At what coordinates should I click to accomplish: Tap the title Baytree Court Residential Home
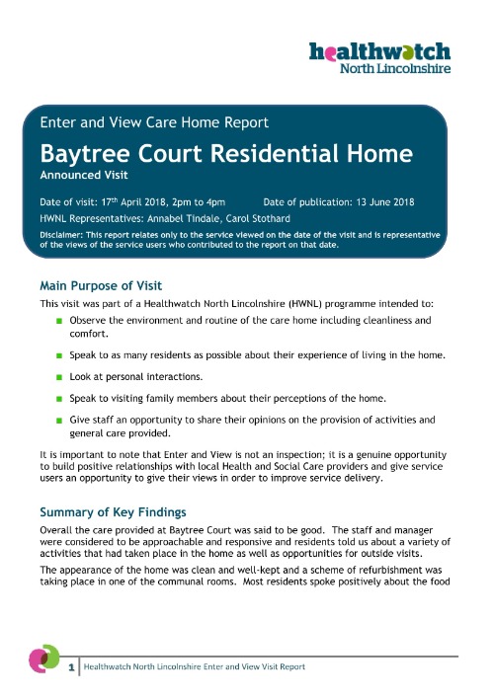pyautogui.click(x=225, y=155)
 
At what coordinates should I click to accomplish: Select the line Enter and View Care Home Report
pyautogui.click(x=153, y=123)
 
